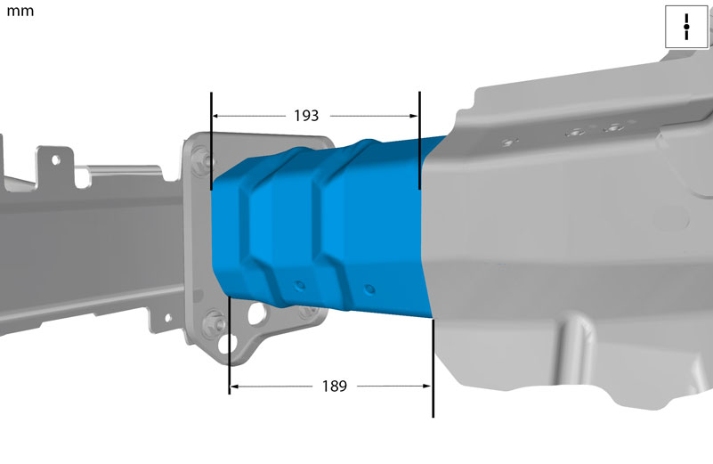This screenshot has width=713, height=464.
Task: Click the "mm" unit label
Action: tap(20, 12)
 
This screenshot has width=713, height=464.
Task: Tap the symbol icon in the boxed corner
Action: tap(686, 27)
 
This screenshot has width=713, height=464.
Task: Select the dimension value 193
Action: tap(306, 116)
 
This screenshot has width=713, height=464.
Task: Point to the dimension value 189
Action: tap(334, 387)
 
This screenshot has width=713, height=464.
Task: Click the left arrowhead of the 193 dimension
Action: tap(216, 116)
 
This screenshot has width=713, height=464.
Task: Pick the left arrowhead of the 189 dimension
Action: tap(234, 387)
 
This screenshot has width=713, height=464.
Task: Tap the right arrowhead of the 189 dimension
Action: tap(426, 387)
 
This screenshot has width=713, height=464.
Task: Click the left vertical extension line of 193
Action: tap(211, 141)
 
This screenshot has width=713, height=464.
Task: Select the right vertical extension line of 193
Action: tap(419, 140)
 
